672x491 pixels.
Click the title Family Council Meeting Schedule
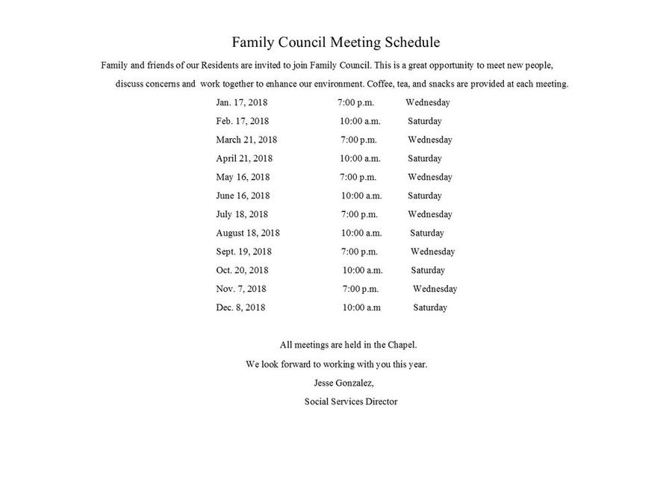click(335, 43)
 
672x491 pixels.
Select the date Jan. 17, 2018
click(241, 102)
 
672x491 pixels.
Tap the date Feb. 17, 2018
click(242, 121)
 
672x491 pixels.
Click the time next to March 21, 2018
click(358, 140)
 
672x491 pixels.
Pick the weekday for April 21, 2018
click(424, 158)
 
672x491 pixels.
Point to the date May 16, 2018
click(243, 177)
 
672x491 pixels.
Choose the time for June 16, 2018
click(361, 196)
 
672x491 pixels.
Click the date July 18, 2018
click(241, 214)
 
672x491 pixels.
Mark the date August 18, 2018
click(248, 233)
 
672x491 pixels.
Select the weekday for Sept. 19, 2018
click(432, 251)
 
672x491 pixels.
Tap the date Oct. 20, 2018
click(242, 270)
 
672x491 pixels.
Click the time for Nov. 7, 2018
click(361, 289)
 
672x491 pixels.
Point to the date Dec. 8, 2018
click(240, 307)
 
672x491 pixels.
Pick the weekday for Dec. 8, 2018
click(430, 307)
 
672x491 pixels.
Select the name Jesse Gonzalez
click(343, 383)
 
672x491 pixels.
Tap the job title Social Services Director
click(351, 401)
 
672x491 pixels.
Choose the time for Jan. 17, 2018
click(355, 102)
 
